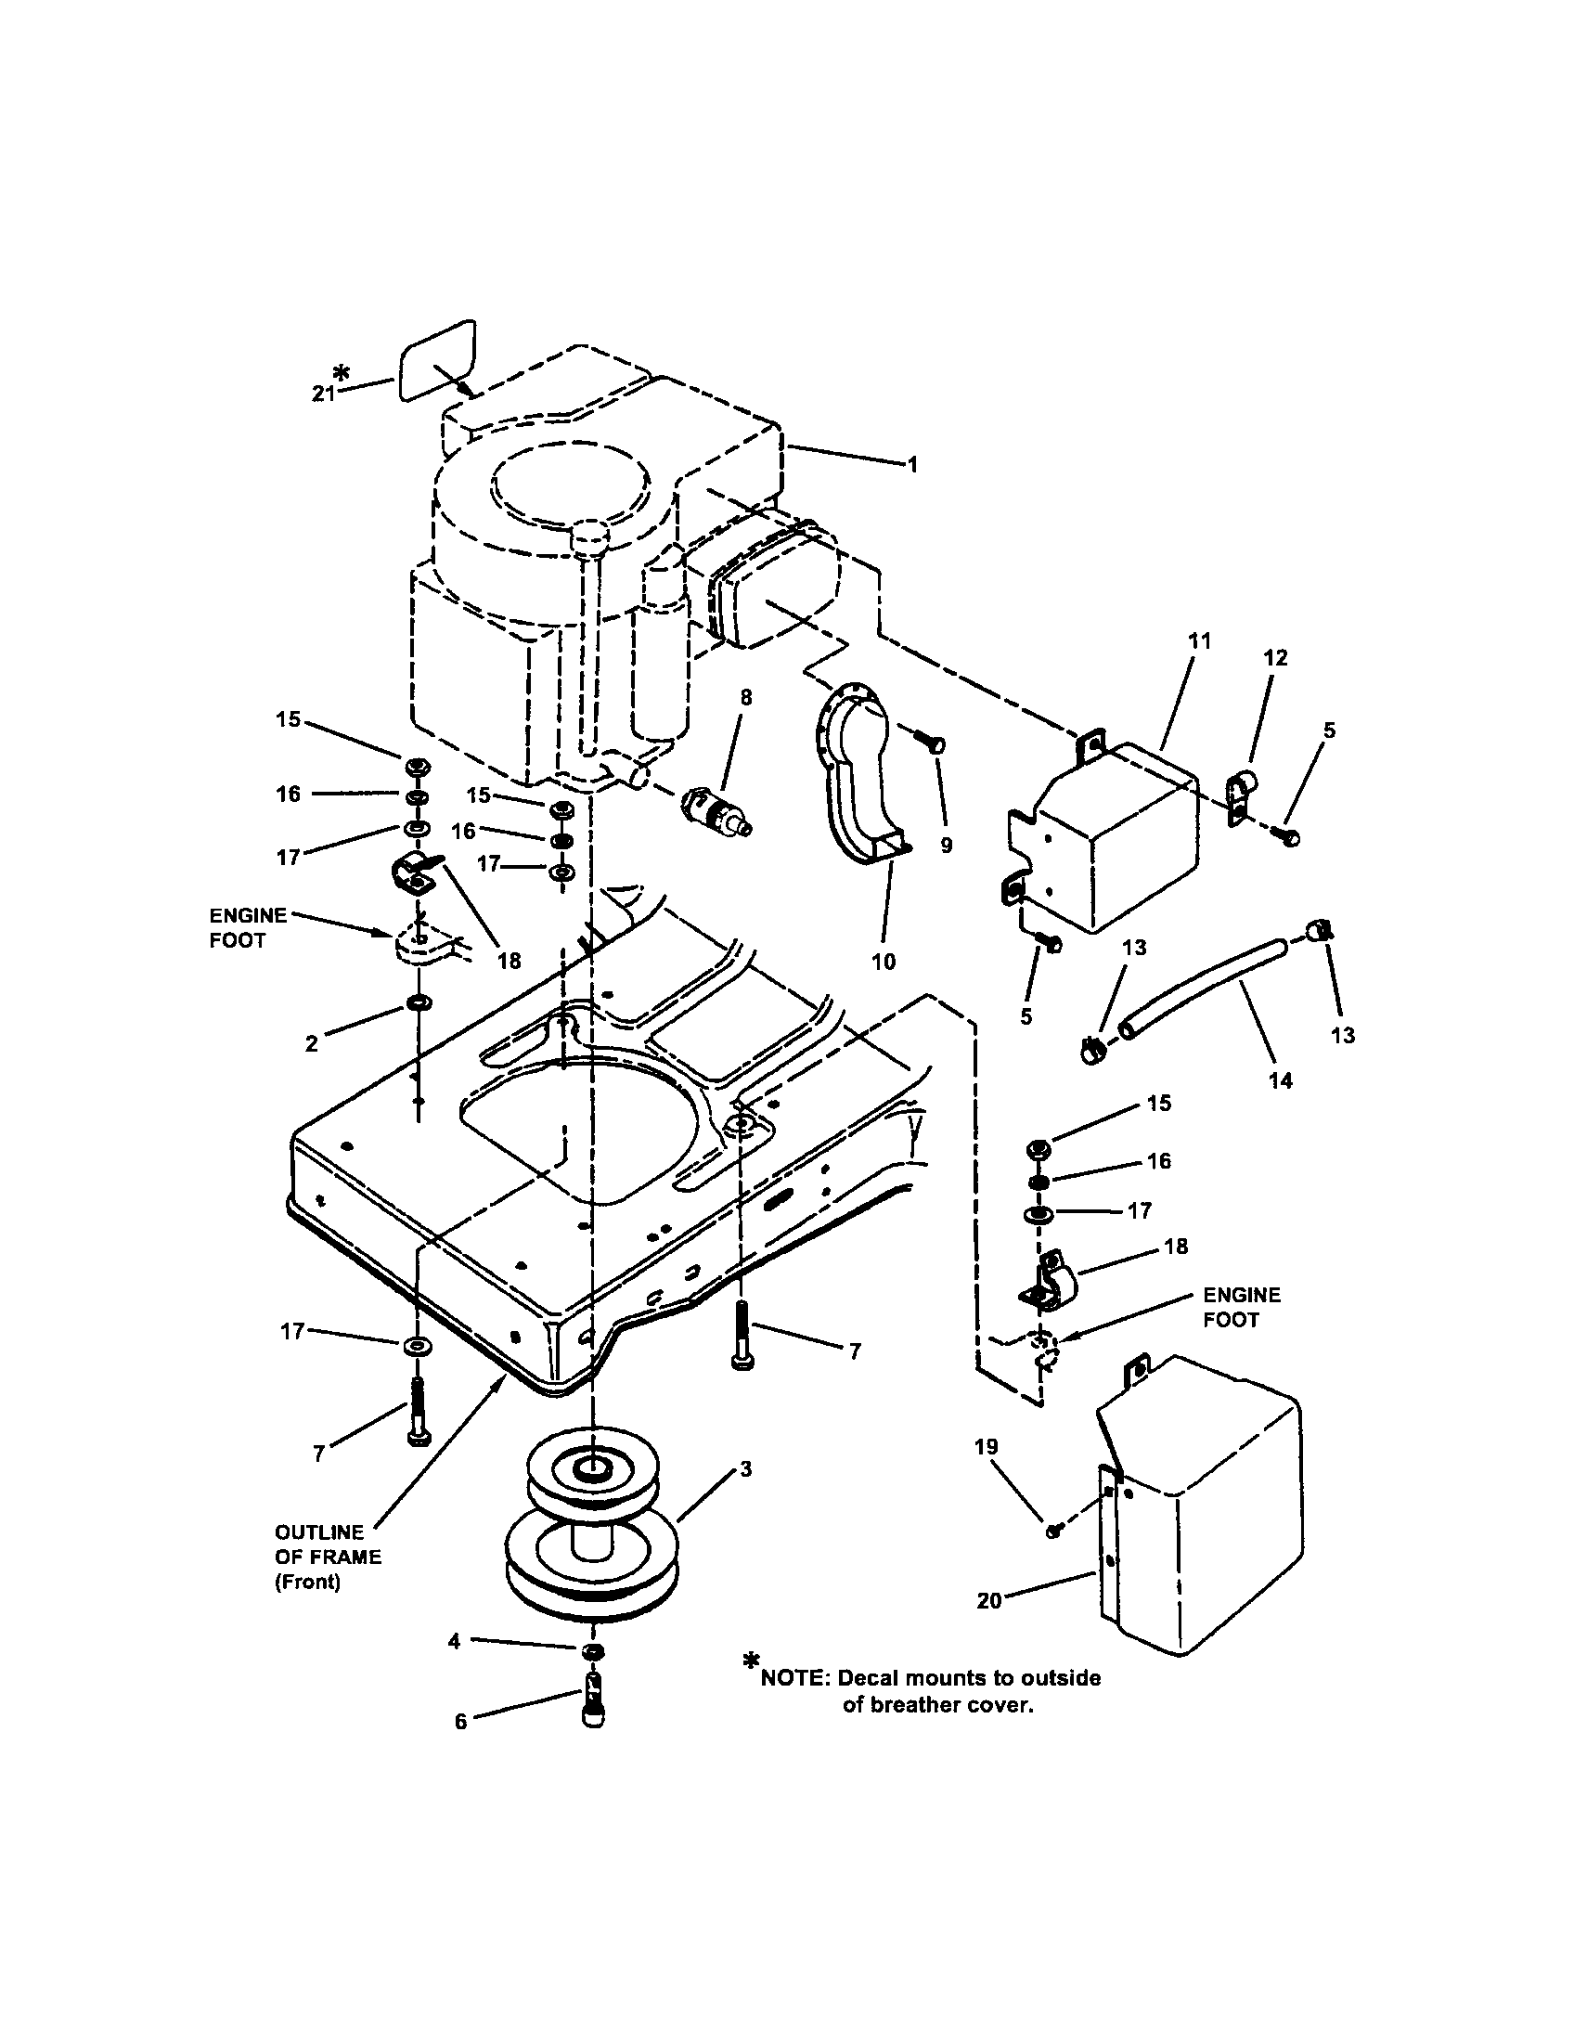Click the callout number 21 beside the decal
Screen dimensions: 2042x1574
(322, 394)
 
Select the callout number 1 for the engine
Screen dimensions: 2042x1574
(913, 464)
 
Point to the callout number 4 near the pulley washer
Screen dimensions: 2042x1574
(454, 1641)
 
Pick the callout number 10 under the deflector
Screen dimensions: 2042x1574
(884, 962)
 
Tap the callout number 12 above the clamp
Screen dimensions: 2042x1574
(1275, 657)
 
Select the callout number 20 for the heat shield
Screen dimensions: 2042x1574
(989, 1601)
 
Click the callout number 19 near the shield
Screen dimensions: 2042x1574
(987, 1446)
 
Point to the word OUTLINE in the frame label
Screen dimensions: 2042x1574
(318, 1532)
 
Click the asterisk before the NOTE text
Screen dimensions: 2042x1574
(751, 1661)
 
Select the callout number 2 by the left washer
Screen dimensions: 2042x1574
(311, 1043)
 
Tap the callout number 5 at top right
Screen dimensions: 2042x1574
(1329, 730)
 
